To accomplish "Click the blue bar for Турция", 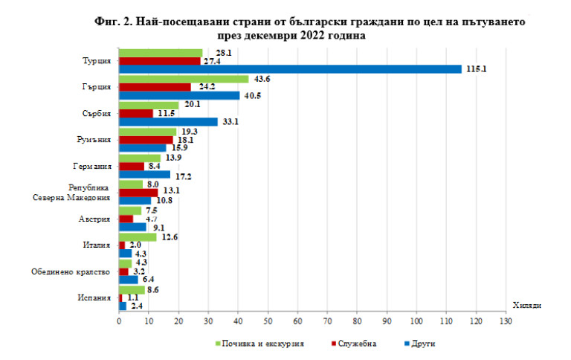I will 290,69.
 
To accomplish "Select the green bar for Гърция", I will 184,79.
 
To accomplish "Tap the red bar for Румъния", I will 146,139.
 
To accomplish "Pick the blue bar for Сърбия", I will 168,121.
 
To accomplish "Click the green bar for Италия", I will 138,237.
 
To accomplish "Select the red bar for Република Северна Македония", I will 138,192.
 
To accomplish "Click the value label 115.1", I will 476,69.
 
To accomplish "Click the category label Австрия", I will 97,219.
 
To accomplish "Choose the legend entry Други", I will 422,343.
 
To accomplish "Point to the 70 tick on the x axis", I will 327,321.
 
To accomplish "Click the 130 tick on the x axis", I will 506,321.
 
